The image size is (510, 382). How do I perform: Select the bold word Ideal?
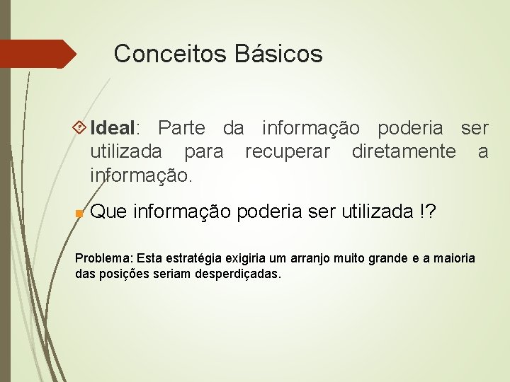point(113,128)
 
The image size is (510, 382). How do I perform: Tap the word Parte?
point(181,128)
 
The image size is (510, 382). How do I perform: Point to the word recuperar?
point(287,151)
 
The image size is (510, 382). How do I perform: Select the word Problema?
point(103,258)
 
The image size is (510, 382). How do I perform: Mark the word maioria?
point(455,258)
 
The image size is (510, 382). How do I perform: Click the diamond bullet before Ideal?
point(80,128)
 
